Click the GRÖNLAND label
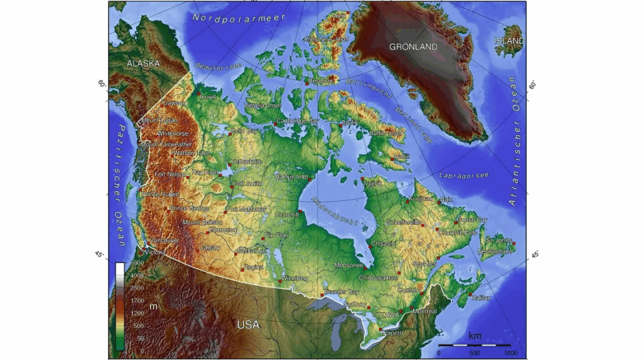pos(413,47)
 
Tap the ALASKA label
pos(143,63)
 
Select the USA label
pos(248,325)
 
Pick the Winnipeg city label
pos(294,278)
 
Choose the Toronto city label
pos(392,332)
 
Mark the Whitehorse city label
pos(173,133)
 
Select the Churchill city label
pos(286,214)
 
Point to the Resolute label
pos(321,81)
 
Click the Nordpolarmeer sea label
pos(239,18)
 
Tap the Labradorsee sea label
pos(464,174)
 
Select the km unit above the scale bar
pos(475,336)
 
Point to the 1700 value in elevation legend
pos(137,300)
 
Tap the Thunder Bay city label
pos(342,292)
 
